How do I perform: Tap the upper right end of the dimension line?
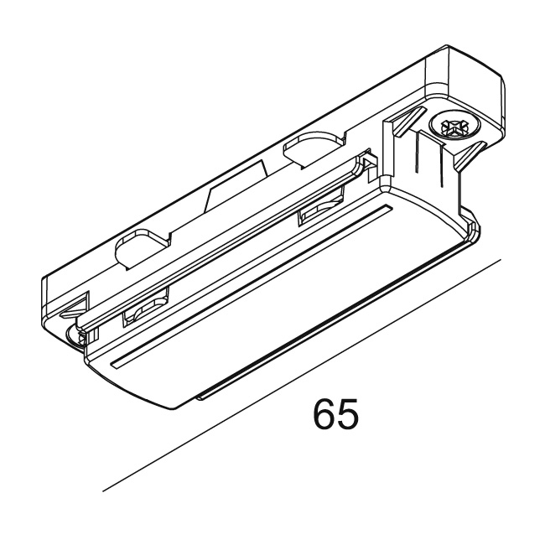tap(501, 262)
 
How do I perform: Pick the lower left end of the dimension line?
tap(103, 489)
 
